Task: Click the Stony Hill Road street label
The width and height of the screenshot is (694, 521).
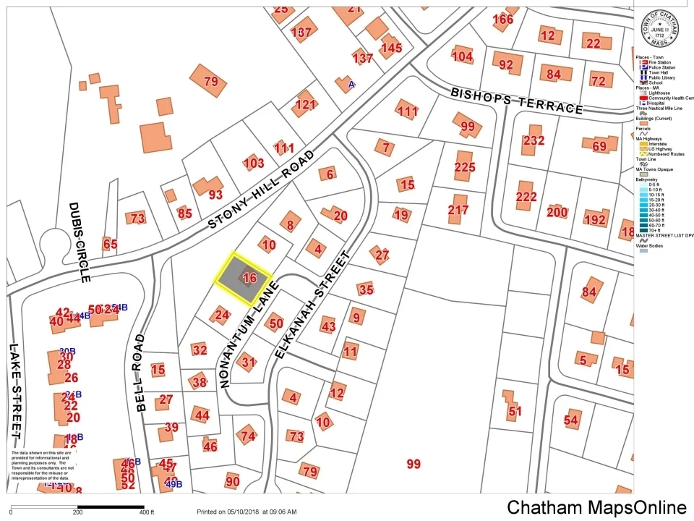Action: tap(262, 190)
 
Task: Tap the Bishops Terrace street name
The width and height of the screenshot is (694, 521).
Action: tap(516, 101)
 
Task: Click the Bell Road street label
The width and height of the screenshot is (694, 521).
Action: tap(139, 373)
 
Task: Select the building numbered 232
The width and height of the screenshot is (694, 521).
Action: tap(534, 140)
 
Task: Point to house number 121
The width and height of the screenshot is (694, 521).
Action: tap(305, 105)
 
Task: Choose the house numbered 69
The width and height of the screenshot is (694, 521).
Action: tap(599, 146)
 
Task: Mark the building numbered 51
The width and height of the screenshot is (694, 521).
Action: tap(515, 411)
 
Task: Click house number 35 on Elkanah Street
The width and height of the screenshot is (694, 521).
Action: tap(366, 290)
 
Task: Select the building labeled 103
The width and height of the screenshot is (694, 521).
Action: tap(254, 163)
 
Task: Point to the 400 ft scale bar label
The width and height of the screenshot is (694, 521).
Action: tap(147, 512)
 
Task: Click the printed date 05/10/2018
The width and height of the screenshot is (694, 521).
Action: tap(242, 512)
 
